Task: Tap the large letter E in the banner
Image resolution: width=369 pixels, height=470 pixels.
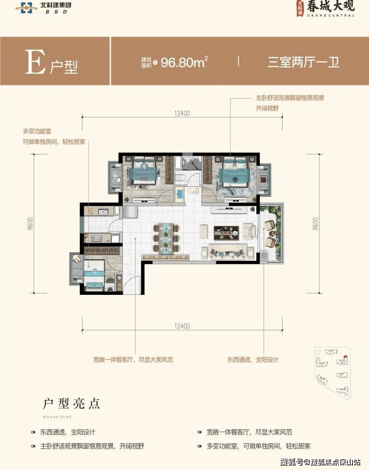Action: (x=35, y=62)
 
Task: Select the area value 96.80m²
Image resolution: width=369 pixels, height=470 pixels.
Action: (x=184, y=62)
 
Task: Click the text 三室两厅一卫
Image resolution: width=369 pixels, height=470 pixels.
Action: (x=303, y=62)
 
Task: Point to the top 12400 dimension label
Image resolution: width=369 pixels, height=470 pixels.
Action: (x=182, y=113)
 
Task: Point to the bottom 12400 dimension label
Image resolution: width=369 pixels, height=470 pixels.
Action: (x=182, y=326)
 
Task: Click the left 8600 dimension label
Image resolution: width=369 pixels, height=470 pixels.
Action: (x=30, y=223)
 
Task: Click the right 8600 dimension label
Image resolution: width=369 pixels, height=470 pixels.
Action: (x=315, y=223)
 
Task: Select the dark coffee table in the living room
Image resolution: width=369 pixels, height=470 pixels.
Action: (x=226, y=233)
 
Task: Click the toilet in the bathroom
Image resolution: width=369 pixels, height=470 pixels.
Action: (x=180, y=178)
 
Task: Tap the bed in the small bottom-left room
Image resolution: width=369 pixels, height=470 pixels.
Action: (x=94, y=274)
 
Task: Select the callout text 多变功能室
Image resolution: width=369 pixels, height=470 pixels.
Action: (x=37, y=131)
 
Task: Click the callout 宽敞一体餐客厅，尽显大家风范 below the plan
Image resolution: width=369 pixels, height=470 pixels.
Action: (x=133, y=360)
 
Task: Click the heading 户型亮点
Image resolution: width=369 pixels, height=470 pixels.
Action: (x=71, y=404)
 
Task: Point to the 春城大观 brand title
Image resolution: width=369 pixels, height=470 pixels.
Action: (x=330, y=6)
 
